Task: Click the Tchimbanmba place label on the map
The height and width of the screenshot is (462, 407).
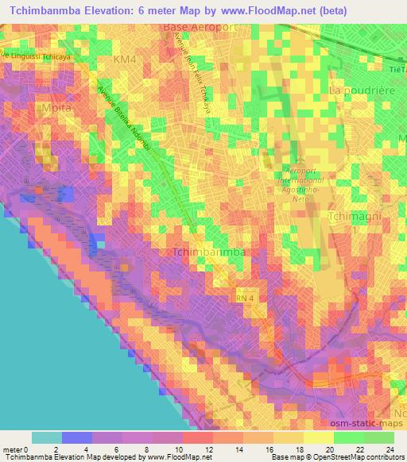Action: pyautogui.click(x=208, y=252)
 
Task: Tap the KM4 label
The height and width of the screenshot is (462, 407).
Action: pyautogui.click(x=126, y=60)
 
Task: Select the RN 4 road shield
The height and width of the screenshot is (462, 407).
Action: pyautogui.click(x=242, y=297)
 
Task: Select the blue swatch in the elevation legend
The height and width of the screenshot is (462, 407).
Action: pyautogui.click(x=77, y=437)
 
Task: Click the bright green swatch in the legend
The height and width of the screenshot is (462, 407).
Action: pyautogui.click(x=348, y=437)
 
